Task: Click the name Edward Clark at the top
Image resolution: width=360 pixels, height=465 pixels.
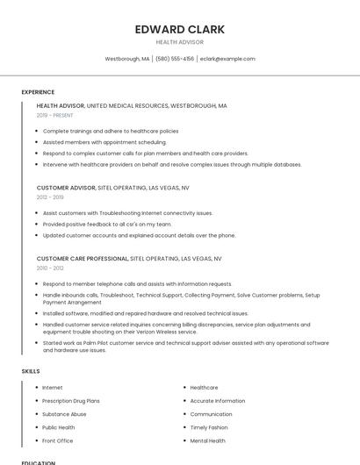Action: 179,29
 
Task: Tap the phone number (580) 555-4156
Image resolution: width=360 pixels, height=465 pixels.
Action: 175,59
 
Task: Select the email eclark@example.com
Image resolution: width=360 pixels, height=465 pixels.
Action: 227,59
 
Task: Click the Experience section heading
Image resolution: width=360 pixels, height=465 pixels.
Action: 38,92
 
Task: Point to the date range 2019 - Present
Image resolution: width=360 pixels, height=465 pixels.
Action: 55,115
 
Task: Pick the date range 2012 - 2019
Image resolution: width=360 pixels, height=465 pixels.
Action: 50,197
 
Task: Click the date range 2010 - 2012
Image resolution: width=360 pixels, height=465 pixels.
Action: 50,268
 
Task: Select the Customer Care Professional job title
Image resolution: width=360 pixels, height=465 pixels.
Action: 83,259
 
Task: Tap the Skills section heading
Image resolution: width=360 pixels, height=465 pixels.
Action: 31,371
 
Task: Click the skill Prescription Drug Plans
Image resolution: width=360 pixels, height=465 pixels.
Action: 71,401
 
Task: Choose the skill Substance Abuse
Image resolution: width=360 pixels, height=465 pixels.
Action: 64,414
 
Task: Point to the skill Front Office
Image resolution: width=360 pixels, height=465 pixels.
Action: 58,440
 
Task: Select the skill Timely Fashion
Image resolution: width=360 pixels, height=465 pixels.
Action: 209,427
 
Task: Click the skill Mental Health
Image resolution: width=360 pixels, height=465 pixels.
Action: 208,440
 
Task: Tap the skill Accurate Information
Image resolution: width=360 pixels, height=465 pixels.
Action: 218,401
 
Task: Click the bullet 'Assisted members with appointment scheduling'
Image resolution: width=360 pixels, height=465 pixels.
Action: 104,142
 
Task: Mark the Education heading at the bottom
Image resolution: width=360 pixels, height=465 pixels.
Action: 39,461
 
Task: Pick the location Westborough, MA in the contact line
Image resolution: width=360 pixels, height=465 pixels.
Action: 127,59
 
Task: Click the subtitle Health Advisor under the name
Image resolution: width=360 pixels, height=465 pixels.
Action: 179,41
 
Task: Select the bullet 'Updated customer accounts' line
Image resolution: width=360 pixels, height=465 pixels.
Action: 139,235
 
